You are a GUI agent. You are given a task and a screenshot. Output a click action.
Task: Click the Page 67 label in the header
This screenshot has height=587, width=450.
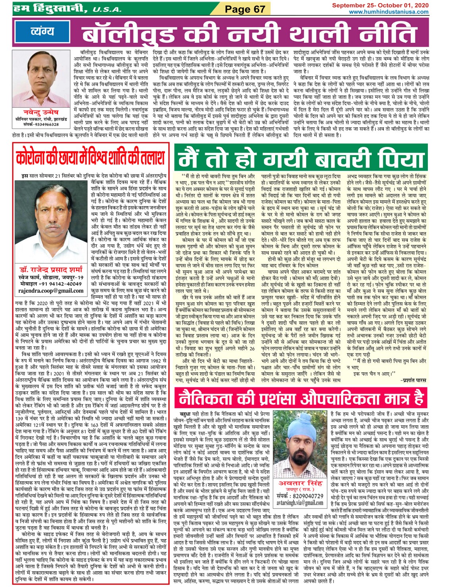(245, 9)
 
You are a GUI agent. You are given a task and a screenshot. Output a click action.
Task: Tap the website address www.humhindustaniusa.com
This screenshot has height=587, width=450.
(389, 12)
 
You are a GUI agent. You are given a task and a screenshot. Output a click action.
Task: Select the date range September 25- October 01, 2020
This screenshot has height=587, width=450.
(380, 5)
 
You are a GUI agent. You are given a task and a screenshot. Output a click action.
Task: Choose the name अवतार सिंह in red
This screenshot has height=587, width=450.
(300, 483)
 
